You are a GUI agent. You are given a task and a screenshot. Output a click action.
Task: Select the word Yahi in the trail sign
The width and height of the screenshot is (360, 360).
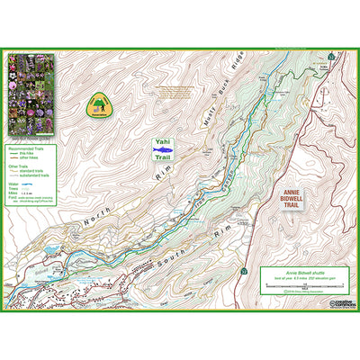click(163, 141)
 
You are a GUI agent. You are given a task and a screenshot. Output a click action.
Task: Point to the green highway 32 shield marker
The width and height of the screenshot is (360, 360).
click(244, 271)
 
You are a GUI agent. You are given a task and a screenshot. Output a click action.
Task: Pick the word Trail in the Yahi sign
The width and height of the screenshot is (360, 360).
click(163, 158)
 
